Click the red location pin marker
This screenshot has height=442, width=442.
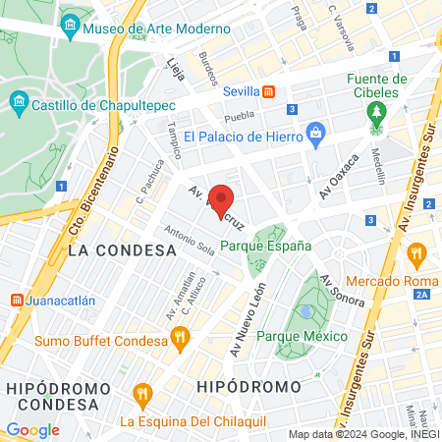[x=223, y=200]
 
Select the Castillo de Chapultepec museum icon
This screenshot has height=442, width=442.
[x=19, y=101]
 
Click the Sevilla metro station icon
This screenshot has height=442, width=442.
[x=268, y=91]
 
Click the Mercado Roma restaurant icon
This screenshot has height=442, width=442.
[x=415, y=254]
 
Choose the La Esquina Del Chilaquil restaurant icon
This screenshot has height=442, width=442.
[x=142, y=397]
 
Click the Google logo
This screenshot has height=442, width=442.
[x=32, y=429]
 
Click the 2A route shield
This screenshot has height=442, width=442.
[x=422, y=294]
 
